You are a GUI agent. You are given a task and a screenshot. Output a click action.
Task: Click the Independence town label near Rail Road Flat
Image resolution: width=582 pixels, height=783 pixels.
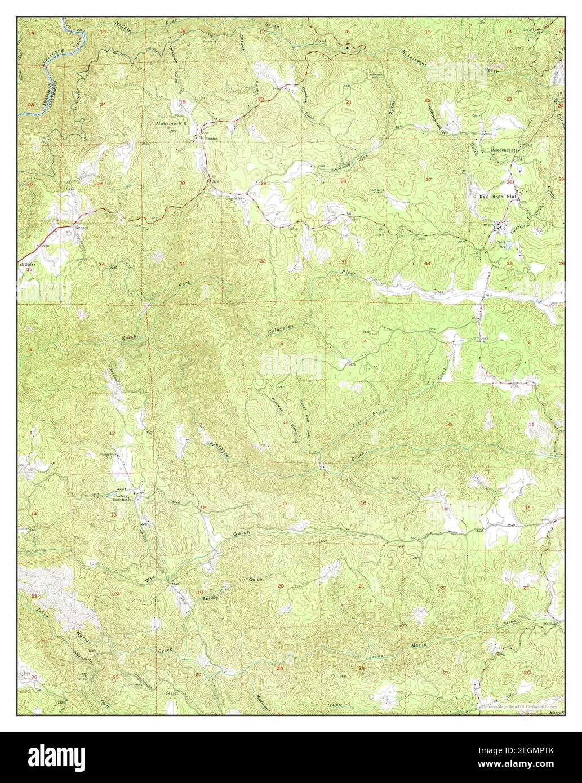coord(507,150)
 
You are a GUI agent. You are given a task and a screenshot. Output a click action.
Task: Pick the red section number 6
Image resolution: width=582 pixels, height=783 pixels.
coord(197,345)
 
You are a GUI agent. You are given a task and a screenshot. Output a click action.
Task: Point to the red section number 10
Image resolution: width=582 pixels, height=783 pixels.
coord(448,424)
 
